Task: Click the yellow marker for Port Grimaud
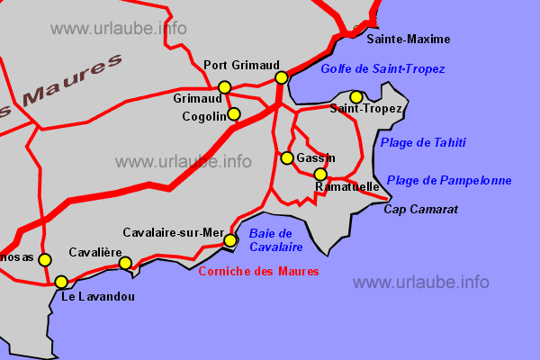pyautogui.click(x=281, y=77)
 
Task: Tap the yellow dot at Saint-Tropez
pyautogui.click(x=356, y=97)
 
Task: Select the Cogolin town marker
pyautogui.click(x=234, y=114)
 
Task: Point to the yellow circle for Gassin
pyautogui.click(x=287, y=158)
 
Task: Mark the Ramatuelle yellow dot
pyautogui.click(x=320, y=174)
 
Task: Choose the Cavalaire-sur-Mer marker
pyautogui.click(x=230, y=240)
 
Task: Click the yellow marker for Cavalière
pyautogui.click(x=125, y=263)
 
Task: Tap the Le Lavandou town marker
pyautogui.click(x=61, y=282)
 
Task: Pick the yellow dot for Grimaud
pyautogui.click(x=225, y=87)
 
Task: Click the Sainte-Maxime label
pyautogui.click(x=409, y=40)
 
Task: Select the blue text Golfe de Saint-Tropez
pyautogui.click(x=382, y=69)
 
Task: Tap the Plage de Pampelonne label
pyautogui.click(x=449, y=181)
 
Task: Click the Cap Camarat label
pyautogui.click(x=421, y=210)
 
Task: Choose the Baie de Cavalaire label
pyautogui.click(x=275, y=240)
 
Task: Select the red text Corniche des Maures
pyautogui.click(x=258, y=271)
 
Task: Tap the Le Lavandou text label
pyautogui.click(x=98, y=296)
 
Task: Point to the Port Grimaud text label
pyautogui.click(x=238, y=64)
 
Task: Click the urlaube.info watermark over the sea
pyautogui.click(x=421, y=282)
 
